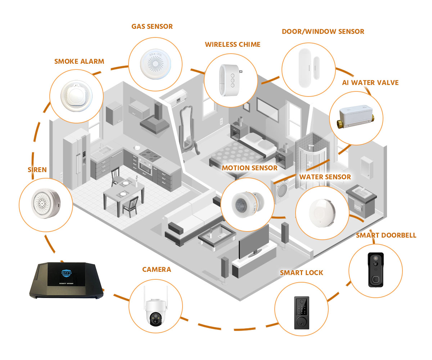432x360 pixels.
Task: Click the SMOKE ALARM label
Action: [x=79, y=61]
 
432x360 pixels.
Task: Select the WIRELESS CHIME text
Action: [x=233, y=45]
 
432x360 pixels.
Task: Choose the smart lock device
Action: [x=301, y=312]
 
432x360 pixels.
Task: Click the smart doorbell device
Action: [x=375, y=270]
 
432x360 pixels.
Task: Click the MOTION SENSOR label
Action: [x=249, y=168]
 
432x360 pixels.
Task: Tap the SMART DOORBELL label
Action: [x=386, y=235]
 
